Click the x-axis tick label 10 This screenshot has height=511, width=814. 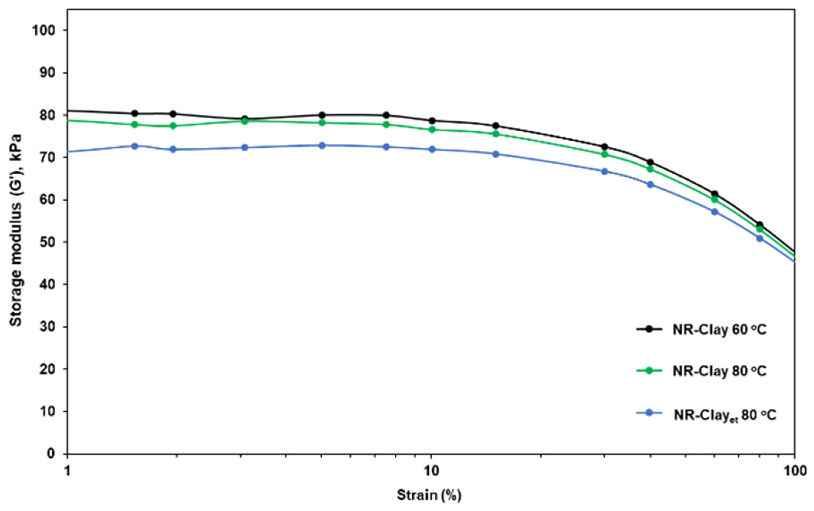(x=431, y=471)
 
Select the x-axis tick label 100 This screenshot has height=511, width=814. (x=794, y=471)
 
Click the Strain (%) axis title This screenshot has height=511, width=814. (x=429, y=495)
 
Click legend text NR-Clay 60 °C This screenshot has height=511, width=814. (x=719, y=329)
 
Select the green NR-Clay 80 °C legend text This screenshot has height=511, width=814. (x=719, y=371)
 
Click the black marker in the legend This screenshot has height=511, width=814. (x=648, y=328)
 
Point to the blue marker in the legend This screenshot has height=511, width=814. (x=648, y=413)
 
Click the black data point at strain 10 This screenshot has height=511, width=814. (x=432, y=121)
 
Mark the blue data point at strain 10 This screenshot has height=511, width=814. (x=432, y=149)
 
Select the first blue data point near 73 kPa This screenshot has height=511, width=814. (x=135, y=146)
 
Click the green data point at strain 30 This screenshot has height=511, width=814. (x=604, y=154)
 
